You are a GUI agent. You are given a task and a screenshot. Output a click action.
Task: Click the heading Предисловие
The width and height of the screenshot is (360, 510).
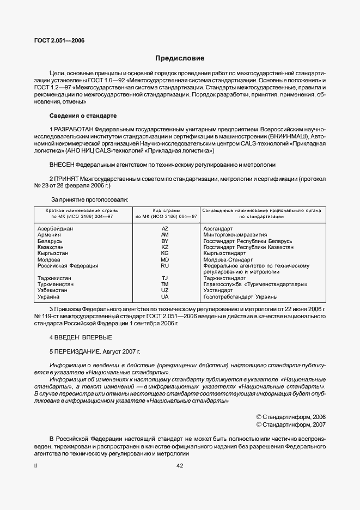tap(180, 58)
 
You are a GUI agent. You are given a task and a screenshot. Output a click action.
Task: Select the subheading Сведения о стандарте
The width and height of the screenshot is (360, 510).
tap(83, 116)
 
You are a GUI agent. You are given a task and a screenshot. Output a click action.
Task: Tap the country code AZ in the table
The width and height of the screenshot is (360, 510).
tap(165, 228)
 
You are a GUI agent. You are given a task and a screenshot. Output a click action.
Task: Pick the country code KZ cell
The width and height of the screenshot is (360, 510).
tap(165, 247)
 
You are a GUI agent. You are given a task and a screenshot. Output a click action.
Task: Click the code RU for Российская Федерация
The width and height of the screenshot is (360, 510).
tap(165, 266)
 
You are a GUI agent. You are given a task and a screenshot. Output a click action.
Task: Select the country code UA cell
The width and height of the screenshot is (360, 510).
tap(165, 297)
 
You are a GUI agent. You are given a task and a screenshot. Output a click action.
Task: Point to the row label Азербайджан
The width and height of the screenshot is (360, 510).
tap(55, 228)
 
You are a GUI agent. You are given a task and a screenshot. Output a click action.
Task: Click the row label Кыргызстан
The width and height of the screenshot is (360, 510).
tap(53, 253)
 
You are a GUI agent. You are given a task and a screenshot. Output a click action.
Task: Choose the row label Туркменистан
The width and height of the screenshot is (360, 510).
tap(57, 284)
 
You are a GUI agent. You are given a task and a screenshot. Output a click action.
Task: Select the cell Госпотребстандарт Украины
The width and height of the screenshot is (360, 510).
tap(240, 297)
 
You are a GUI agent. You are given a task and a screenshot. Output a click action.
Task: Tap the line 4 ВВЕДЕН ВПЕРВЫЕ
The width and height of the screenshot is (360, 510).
tap(81, 337)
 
